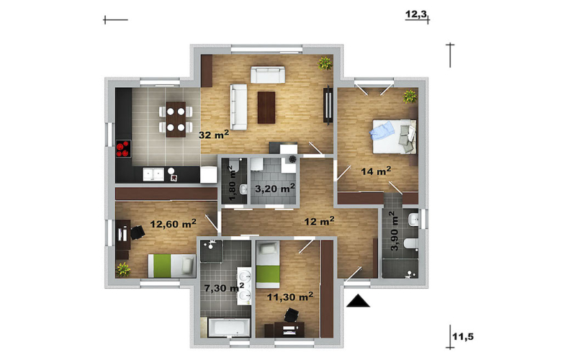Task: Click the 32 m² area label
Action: point(214,135)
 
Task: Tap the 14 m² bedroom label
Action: point(375,171)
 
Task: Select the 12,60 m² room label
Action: point(173,223)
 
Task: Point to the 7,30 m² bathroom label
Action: point(224,287)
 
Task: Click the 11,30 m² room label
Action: point(290,297)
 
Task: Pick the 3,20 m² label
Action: point(275,189)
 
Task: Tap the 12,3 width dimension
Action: point(416,14)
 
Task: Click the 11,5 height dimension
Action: point(463,336)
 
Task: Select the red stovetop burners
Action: point(123,148)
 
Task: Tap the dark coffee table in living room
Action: point(266,107)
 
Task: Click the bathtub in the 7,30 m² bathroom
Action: point(229,327)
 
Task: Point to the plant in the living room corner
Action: point(325,63)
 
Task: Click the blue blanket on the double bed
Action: point(382,131)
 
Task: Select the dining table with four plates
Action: point(176,119)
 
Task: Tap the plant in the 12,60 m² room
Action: point(123,269)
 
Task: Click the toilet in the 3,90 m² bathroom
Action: point(410,244)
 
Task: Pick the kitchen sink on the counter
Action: point(153,174)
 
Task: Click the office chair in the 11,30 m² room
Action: point(292,315)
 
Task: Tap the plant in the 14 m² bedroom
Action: point(410,96)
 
